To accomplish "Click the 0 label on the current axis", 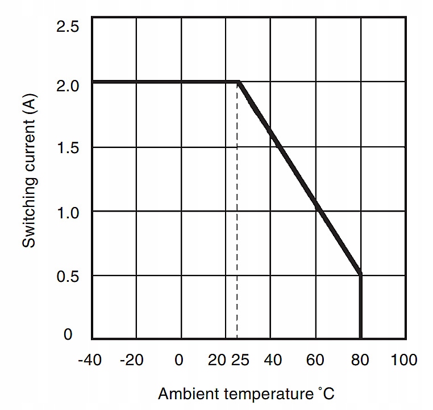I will [x=68, y=335].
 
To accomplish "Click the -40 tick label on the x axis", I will [x=91, y=360].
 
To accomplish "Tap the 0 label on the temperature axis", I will [x=180, y=360].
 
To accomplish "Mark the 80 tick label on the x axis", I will [x=361, y=360].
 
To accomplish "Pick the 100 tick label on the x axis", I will [x=405, y=360].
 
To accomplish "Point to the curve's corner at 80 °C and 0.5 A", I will [x=360, y=275].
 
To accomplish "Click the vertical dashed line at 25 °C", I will [x=237, y=227].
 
